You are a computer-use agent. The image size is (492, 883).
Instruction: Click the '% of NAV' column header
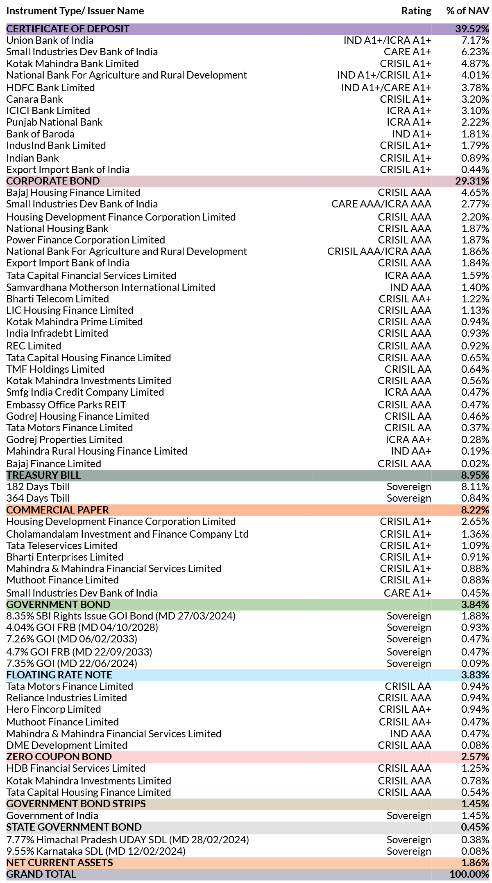467,11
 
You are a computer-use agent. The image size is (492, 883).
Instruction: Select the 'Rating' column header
416,11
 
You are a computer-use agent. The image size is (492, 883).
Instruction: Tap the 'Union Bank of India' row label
50,41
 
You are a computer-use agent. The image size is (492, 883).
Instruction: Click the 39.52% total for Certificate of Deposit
472,29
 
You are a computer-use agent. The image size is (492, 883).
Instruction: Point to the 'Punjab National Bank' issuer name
54,122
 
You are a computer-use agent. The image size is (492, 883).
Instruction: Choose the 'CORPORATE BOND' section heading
53,181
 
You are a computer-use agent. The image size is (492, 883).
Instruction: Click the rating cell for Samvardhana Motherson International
410,288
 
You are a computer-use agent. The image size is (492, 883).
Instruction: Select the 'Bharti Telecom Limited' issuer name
58,299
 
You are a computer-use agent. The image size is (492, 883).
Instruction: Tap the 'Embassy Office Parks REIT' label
66,405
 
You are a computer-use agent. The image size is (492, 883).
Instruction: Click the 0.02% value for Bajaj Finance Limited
475,464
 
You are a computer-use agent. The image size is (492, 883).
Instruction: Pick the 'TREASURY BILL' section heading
43,475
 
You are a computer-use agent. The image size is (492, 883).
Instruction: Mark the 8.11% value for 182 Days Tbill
475,487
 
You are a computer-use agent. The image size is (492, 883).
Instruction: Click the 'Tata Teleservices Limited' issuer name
62,546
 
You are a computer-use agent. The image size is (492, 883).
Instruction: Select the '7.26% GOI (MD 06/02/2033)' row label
72,639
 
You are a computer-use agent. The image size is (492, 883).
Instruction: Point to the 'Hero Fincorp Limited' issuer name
54,710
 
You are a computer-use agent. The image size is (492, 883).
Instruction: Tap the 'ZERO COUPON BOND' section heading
59,757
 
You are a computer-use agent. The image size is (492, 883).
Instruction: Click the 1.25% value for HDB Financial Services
475,768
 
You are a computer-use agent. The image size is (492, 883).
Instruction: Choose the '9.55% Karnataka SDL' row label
96,851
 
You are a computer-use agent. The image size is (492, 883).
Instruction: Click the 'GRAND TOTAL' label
41,874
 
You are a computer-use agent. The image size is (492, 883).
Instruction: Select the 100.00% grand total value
469,874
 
